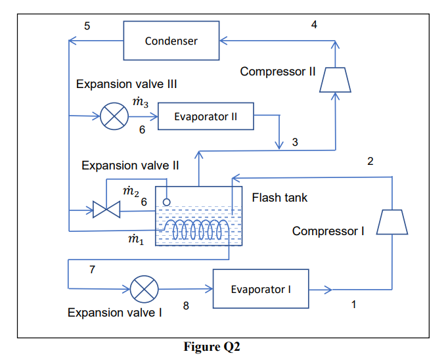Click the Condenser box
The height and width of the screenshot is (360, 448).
pyautogui.click(x=171, y=41)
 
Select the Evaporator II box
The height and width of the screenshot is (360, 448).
pyautogui.click(x=205, y=117)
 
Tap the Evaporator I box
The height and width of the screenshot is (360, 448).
pyautogui.click(x=260, y=288)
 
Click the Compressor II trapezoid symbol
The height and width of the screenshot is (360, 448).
pyautogui.click(x=335, y=79)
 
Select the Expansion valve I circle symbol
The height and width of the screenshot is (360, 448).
pyautogui.click(x=144, y=289)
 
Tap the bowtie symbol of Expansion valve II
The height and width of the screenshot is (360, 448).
pyautogui.click(x=105, y=211)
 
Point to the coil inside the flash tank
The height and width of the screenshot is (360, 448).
pyautogui.click(x=198, y=230)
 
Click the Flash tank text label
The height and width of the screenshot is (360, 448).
pyautogui.click(x=279, y=197)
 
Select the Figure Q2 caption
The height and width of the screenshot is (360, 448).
pyautogui.click(x=212, y=348)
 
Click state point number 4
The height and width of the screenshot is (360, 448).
pyautogui.click(x=314, y=25)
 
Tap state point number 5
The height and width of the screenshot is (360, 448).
pyautogui.click(x=87, y=26)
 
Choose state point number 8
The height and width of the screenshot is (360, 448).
pyautogui.click(x=186, y=305)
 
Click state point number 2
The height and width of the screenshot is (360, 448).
pyautogui.click(x=370, y=162)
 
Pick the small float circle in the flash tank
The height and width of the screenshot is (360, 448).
pyautogui.click(x=167, y=201)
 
